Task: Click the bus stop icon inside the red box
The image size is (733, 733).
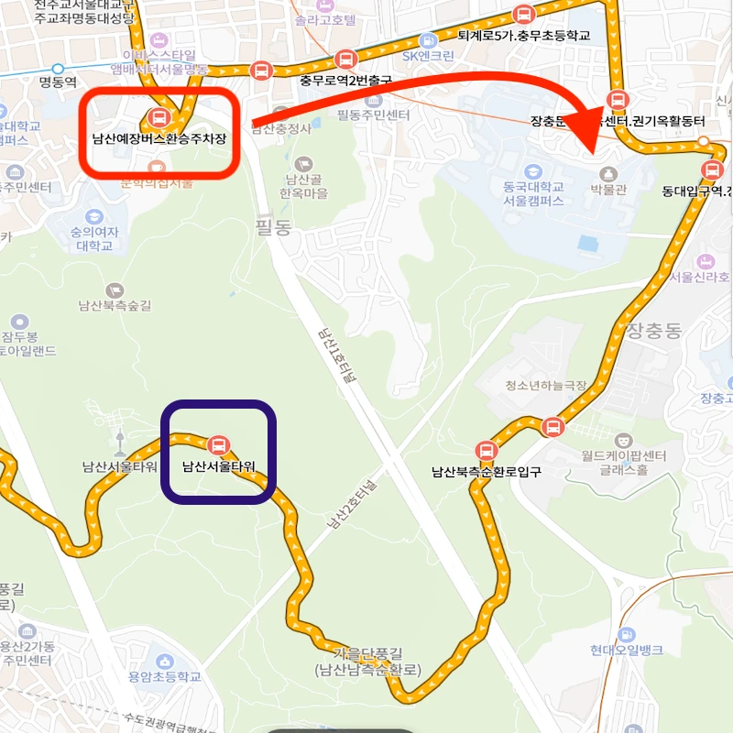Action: (159, 117)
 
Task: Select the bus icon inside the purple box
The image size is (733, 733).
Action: (218, 445)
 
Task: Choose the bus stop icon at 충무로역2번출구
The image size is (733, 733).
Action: (345, 60)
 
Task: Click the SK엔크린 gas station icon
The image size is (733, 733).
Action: (428, 40)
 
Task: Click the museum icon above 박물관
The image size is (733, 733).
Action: (607, 174)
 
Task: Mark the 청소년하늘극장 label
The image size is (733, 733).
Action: (546, 386)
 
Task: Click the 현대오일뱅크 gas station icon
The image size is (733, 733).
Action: (627, 634)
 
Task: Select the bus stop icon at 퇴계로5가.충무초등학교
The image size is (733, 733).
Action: (523, 15)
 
